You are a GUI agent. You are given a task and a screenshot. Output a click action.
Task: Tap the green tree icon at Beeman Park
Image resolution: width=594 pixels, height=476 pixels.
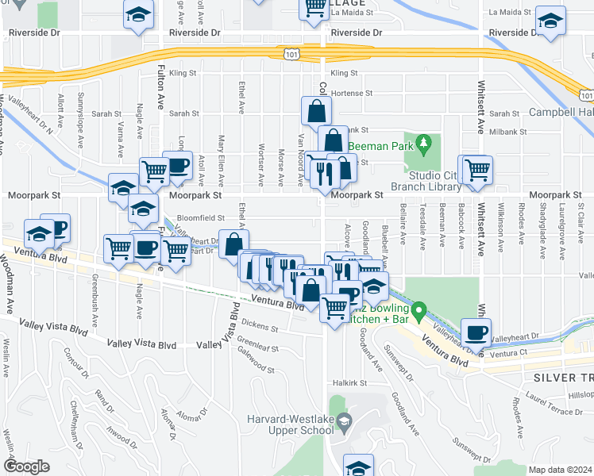(423, 143)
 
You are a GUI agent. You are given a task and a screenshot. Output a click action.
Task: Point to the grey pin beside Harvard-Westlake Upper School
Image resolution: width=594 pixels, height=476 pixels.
(343, 421)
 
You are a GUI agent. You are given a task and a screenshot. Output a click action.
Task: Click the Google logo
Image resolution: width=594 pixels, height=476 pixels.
(26, 466)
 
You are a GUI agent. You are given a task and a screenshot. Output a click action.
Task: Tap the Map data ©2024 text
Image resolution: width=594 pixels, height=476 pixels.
(561, 470)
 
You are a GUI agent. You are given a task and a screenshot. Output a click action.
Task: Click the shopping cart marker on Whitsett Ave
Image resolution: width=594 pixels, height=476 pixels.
(477, 170)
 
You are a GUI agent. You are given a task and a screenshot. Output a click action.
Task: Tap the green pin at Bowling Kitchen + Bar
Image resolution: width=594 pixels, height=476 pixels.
(422, 309)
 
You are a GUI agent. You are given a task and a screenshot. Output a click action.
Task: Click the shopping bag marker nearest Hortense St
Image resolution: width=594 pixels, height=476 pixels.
(316, 110)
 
